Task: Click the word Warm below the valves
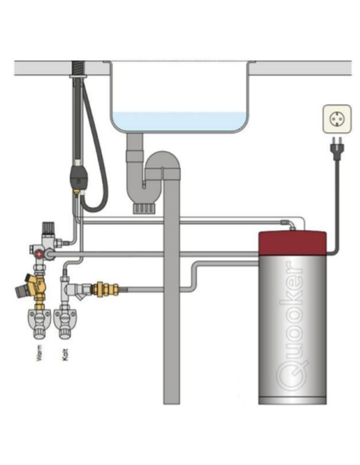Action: click(x=39, y=353)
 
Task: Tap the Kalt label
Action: click(x=65, y=354)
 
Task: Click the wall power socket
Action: click(x=337, y=119)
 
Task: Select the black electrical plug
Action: click(x=336, y=148)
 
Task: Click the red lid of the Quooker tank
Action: click(x=292, y=243)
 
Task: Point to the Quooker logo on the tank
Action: click(x=292, y=330)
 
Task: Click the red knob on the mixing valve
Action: click(x=38, y=254)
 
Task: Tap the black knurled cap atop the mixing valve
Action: click(x=47, y=227)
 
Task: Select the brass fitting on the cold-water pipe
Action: click(x=105, y=289)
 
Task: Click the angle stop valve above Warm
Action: click(x=38, y=323)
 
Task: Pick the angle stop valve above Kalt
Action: click(x=65, y=323)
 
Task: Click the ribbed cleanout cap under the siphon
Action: click(x=144, y=209)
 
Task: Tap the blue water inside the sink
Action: click(x=179, y=122)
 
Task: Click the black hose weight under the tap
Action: click(x=78, y=177)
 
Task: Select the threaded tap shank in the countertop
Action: click(x=79, y=68)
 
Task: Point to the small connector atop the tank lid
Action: click(x=293, y=228)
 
